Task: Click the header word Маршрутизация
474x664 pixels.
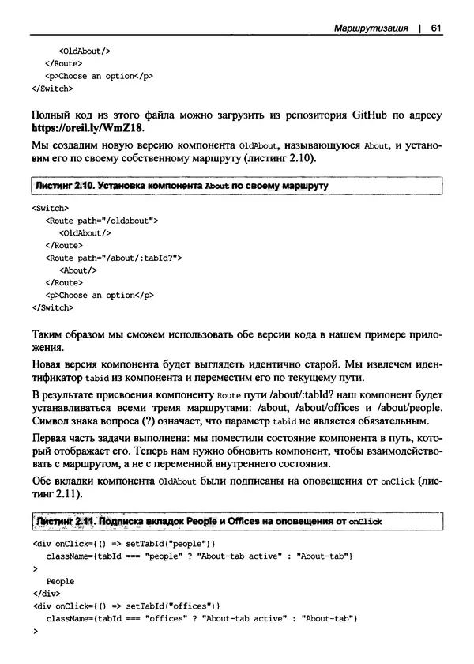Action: (371, 29)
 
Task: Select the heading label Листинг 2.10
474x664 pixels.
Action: (62, 185)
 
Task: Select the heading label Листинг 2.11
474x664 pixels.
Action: (62, 521)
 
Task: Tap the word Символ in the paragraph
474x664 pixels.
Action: (51, 421)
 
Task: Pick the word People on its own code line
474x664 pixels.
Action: (60, 581)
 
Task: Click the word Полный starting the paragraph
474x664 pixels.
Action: (53, 115)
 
